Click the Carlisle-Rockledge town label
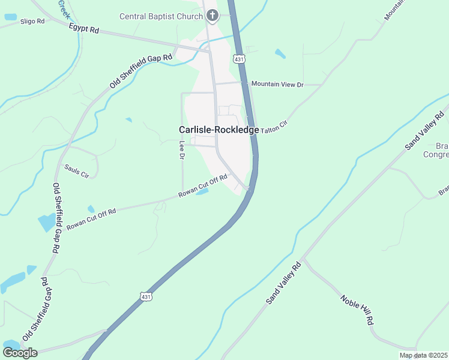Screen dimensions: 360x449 (219, 130)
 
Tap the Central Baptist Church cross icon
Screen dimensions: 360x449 (211, 16)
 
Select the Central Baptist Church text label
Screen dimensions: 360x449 (161, 16)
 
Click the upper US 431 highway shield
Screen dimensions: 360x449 (240, 59)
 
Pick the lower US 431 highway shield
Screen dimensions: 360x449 (145, 296)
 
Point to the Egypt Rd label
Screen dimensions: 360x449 (83, 28)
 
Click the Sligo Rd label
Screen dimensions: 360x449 (32, 21)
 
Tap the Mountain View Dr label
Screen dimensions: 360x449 (278, 84)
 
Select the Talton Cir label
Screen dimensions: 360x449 (274, 122)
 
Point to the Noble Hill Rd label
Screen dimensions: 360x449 (357, 310)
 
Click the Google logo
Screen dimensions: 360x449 (20, 353)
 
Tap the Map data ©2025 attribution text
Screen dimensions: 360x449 (423, 355)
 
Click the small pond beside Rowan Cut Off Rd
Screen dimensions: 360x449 (202, 192)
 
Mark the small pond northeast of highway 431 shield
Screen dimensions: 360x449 (280, 53)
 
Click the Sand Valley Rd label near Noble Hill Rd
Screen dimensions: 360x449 (283, 283)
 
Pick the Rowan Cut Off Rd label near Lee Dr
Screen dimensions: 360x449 (203, 186)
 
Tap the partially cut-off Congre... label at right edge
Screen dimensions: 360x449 (436, 154)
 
